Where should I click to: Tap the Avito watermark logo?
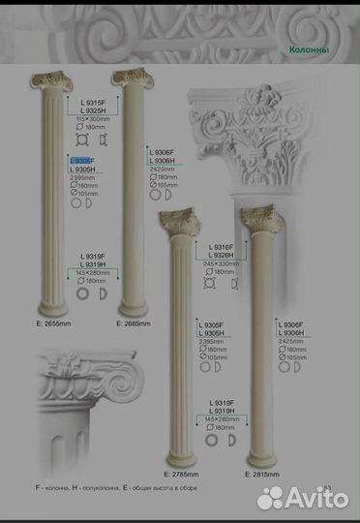coord(303,497)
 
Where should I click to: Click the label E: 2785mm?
coord(191,477)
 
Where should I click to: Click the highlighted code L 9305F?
coord(82,161)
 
